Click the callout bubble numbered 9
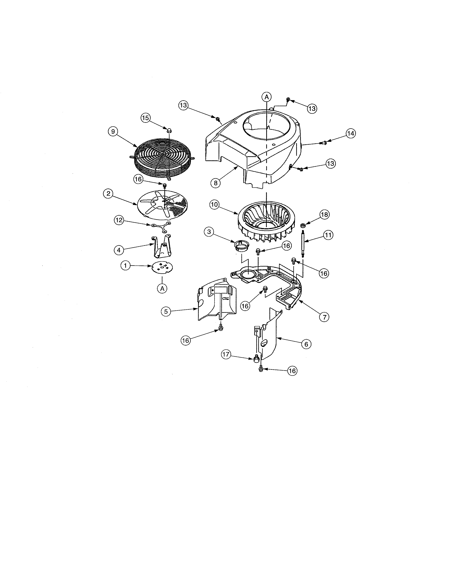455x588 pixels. (x=113, y=131)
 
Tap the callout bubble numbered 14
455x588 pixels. (x=351, y=133)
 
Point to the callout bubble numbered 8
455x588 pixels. (x=215, y=183)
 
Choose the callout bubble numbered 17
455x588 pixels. (x=226, y=354)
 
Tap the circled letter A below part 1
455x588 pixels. (x=162, y=288)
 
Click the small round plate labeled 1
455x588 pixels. (x=162, y=267)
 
